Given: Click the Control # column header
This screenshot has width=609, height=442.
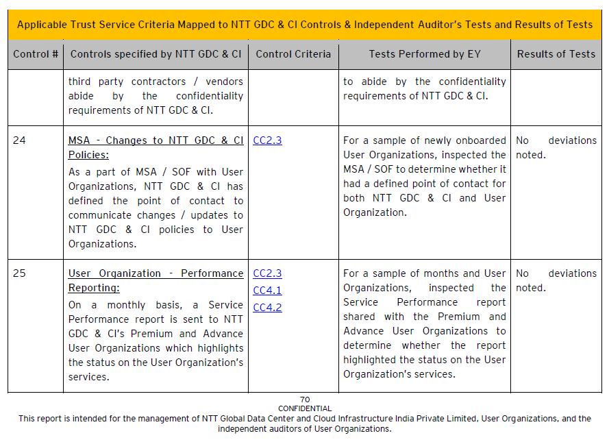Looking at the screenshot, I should tap(36, 54).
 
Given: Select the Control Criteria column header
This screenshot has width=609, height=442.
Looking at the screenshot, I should tap(293, 54).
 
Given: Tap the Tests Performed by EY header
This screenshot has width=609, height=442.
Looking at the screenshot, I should tap(425, 54).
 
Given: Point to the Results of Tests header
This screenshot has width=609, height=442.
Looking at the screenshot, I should tap(556, 54).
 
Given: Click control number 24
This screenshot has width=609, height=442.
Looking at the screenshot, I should tap(19, 140).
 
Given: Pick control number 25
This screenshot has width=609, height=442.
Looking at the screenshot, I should tap(19, 273).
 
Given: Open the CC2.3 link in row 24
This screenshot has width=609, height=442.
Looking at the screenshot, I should tap(267, 140).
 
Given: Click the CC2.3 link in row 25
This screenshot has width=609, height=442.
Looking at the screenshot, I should tap(267, 273).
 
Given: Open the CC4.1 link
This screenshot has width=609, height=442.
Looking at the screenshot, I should tap(267, 291).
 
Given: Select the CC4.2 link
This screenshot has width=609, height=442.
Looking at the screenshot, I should tap(267, 308).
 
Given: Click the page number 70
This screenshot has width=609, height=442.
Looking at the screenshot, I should tap(305, 400).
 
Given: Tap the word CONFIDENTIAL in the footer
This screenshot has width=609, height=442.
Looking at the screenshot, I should tap(305, 408).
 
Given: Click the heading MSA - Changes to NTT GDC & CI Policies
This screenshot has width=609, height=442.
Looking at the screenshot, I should tap(156, 147).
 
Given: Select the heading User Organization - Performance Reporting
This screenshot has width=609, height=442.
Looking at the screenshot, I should tap(156, 280).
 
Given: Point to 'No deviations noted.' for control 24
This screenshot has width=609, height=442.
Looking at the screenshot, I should tap(556, 147).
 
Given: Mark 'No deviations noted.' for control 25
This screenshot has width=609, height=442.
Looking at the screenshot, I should tap(556, 280).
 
